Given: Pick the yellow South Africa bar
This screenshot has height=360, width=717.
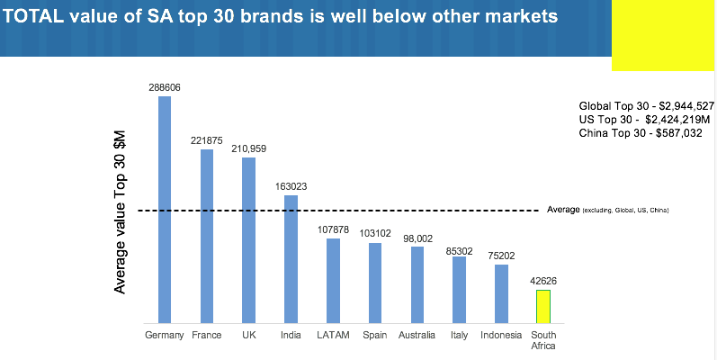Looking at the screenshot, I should click(543, 306).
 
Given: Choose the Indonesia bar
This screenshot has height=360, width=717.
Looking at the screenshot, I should click(501, 293).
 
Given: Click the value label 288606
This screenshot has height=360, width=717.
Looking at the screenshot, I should click(165, 87).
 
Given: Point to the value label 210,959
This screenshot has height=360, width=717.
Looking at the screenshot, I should click(248, 148).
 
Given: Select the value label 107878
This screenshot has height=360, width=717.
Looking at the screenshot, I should click(333, 229).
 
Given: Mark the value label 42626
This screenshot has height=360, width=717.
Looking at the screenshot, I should click(543, 280).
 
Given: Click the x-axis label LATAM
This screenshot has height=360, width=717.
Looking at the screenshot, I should click(333, 336).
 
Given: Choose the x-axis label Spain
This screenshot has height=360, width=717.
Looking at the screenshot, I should click(375, 336).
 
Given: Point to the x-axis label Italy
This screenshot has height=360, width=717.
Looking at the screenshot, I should click(459, 336).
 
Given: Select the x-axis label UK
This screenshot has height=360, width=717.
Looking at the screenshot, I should click(248, 336).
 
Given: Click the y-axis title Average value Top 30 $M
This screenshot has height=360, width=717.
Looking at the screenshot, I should click(120, 211).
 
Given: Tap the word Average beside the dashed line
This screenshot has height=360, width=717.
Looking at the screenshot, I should click(563, 210).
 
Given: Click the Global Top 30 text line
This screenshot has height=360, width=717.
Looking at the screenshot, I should click(646, 105).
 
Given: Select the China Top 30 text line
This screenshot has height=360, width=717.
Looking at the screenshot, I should click(640, 132).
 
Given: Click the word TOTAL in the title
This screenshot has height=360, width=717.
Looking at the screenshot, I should click(37, 16).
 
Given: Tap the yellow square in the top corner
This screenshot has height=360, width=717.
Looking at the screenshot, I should click(663, 36).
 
